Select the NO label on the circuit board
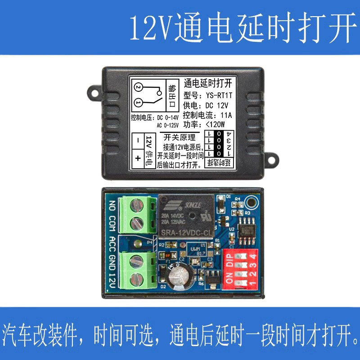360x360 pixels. coord(112,204)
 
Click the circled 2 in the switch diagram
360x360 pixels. coord(138,87)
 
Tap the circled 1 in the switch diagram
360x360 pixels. coord(138,103)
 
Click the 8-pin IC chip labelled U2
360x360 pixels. coord(247,227)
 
